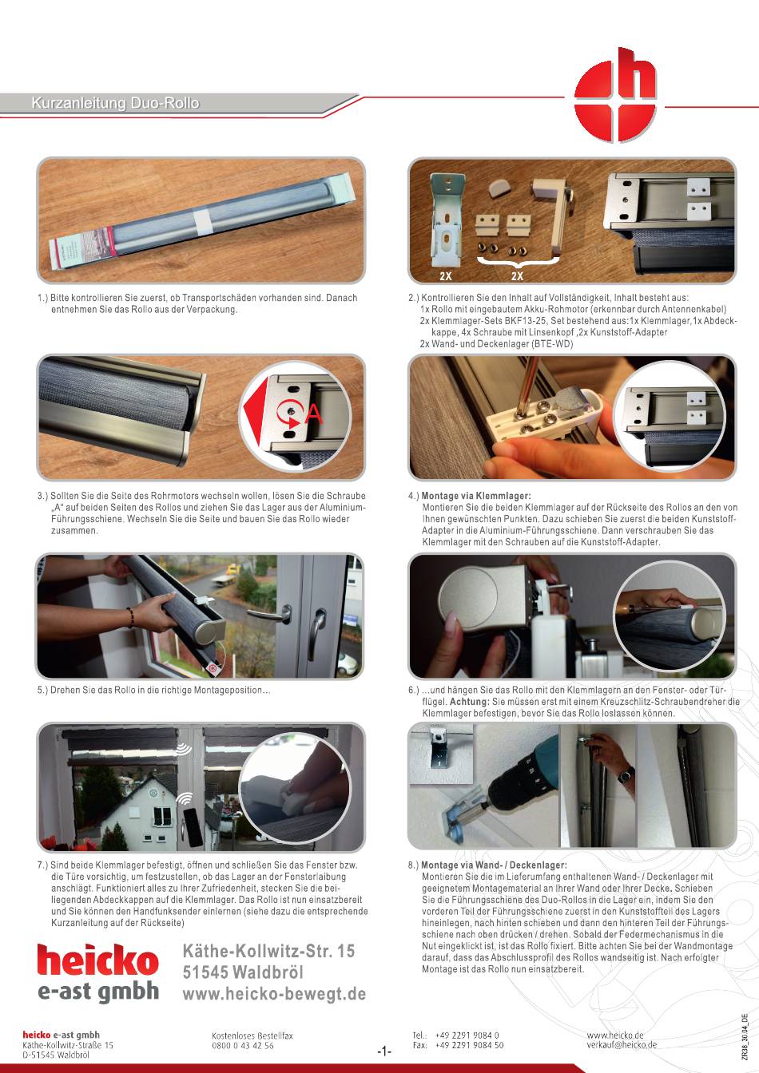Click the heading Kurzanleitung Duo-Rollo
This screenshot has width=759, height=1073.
pos(115,103)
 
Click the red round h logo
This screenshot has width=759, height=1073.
pos(615,95)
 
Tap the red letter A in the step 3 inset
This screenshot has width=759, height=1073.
pos(314,414)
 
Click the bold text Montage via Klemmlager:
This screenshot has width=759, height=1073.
pos(475,496)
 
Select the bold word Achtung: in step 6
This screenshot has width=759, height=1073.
pos(470,702)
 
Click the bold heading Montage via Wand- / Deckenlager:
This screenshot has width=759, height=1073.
pos(494,865)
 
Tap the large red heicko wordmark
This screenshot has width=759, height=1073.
pos(97,959)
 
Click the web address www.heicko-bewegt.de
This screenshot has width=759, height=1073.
pos(274,993)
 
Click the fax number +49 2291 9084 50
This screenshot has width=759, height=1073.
pos(470,1045)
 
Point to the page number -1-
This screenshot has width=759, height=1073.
pos(384,1052)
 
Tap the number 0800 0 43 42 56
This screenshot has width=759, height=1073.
pos(243,1046)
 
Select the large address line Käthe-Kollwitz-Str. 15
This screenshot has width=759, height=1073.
pos(268,951)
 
